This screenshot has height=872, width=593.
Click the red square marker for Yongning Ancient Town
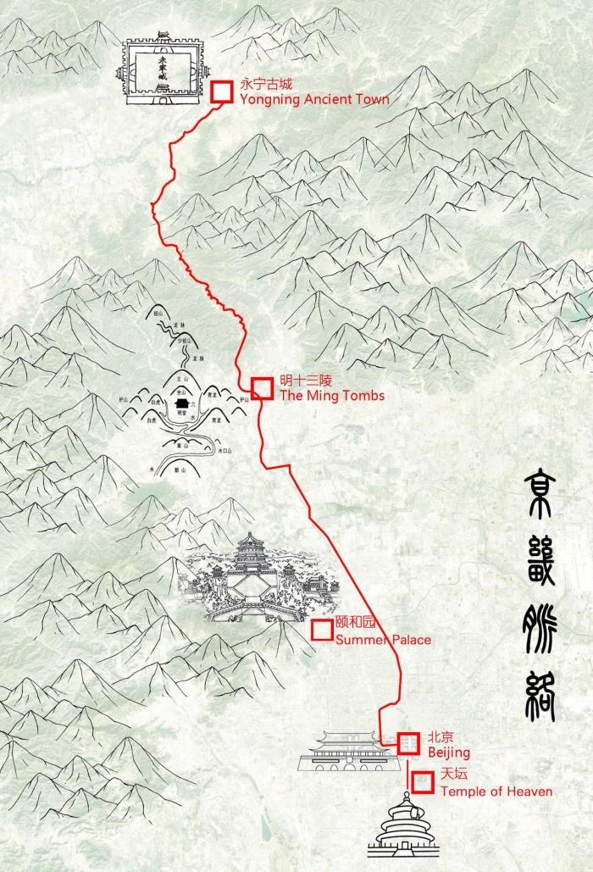tap(221, 92)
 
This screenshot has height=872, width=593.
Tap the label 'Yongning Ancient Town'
tap(314, 100)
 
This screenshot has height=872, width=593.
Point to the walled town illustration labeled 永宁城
tap(164, 71)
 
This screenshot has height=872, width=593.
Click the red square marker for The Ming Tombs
tap(263, 388)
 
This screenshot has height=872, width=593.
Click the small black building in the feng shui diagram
tap(180, 410)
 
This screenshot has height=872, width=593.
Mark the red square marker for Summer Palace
tap(322, 630)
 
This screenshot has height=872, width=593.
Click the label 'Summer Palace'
tap(383, 640)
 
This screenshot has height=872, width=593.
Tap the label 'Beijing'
tap(448, 753)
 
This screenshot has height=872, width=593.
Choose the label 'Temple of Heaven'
tap(496, 791)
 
